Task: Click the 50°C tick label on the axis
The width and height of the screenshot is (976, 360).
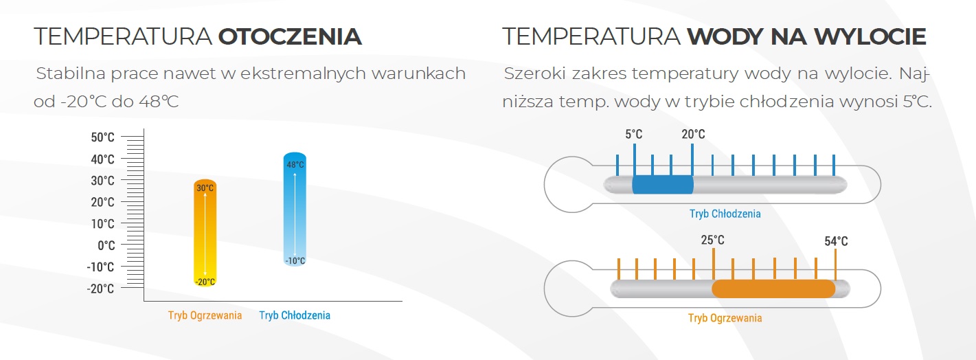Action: tap(102, 137)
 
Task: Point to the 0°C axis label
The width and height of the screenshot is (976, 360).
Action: tap(106, 245)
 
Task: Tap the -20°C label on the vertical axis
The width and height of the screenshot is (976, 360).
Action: tap(100, 289)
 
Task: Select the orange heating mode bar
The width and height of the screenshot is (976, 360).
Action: tap(205, 233)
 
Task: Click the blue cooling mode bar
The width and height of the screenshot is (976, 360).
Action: tap(295, 210)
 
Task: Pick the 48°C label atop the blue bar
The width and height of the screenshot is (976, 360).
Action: tap(295, 165)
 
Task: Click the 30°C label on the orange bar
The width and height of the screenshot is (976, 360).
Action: tap(205, 188)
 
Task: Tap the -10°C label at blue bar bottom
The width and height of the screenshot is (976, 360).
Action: tap(295, 260)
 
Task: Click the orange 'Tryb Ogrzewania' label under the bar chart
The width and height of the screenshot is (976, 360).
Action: tap(205, 315)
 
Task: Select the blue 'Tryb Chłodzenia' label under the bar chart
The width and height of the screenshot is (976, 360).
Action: tap(295, 315)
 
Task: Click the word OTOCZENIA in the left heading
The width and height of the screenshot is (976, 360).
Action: tap(290, 36)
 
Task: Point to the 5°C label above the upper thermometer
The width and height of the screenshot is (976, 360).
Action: tap(633, 134)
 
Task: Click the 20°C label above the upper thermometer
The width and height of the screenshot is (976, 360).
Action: tap(693, 134)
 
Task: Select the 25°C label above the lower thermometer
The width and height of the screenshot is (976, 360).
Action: tap(712, 240)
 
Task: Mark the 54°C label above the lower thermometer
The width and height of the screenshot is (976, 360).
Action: tap(836, 241)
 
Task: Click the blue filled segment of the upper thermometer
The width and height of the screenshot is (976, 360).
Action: tap(663, 185)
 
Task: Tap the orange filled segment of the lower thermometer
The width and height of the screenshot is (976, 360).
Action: tap(773, 289)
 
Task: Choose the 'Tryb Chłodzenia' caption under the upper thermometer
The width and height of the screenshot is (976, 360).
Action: tap(725, 214)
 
